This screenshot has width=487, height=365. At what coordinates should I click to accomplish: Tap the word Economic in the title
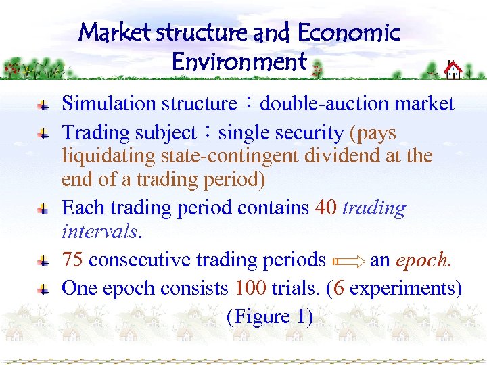348,32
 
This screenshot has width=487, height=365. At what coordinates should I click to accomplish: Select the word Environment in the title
239,62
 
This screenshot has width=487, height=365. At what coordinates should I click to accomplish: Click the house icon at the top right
453,69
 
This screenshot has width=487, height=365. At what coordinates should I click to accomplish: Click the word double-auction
325,103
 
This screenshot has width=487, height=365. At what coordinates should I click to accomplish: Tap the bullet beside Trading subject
42,133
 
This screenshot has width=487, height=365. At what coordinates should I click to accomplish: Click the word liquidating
109,156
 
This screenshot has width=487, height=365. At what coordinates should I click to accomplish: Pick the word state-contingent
229,156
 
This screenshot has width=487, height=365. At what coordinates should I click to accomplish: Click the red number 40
326,208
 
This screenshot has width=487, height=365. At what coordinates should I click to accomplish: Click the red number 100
251,288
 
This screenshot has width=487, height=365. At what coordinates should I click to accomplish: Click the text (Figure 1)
270,316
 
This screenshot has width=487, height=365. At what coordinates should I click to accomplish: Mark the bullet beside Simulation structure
42,105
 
